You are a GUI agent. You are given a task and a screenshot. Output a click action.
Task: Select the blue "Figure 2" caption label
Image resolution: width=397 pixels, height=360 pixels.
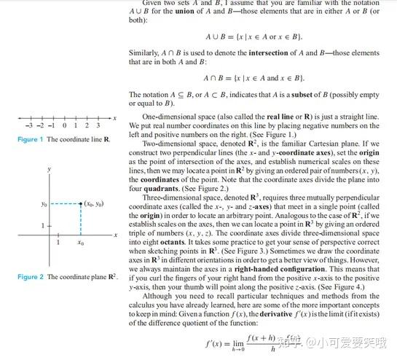point(31,277)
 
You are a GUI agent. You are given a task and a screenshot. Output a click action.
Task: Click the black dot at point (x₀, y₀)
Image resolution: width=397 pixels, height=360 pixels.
point(79,204)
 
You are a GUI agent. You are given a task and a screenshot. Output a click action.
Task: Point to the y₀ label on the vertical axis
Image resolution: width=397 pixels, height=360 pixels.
point(44,205)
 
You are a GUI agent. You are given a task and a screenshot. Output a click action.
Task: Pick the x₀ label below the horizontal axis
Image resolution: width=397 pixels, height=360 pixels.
point(80,242)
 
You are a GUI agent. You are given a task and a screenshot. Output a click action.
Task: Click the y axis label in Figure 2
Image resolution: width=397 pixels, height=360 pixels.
point(49,169)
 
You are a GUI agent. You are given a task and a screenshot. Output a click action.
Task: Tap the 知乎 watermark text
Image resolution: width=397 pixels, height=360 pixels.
point(294,340)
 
